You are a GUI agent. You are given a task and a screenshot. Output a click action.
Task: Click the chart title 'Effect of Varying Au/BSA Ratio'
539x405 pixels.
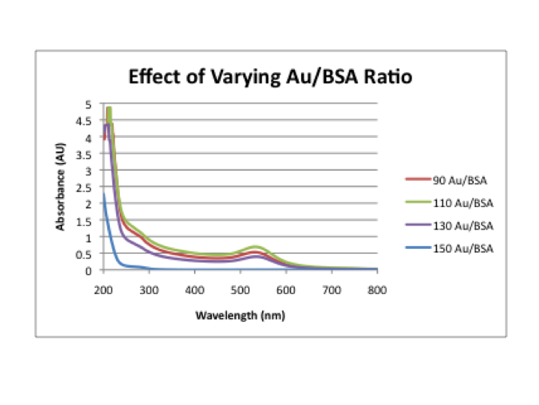click(270, 77)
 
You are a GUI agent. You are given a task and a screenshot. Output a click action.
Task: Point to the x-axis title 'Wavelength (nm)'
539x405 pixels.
click(240, 315)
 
